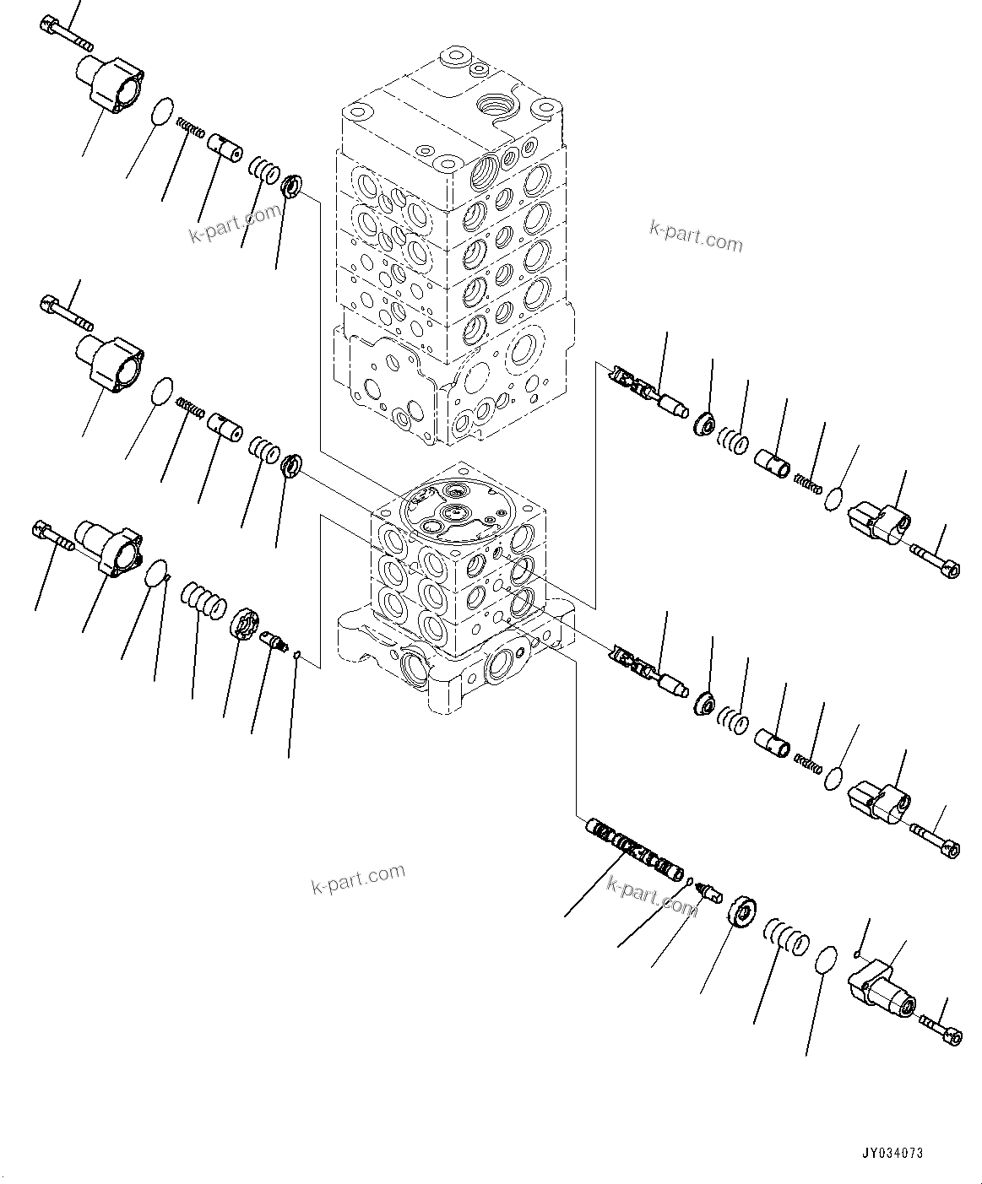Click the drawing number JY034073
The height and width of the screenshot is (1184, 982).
[x=892, y=1152]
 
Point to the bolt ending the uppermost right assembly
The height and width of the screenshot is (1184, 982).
[x=936, y=559]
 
